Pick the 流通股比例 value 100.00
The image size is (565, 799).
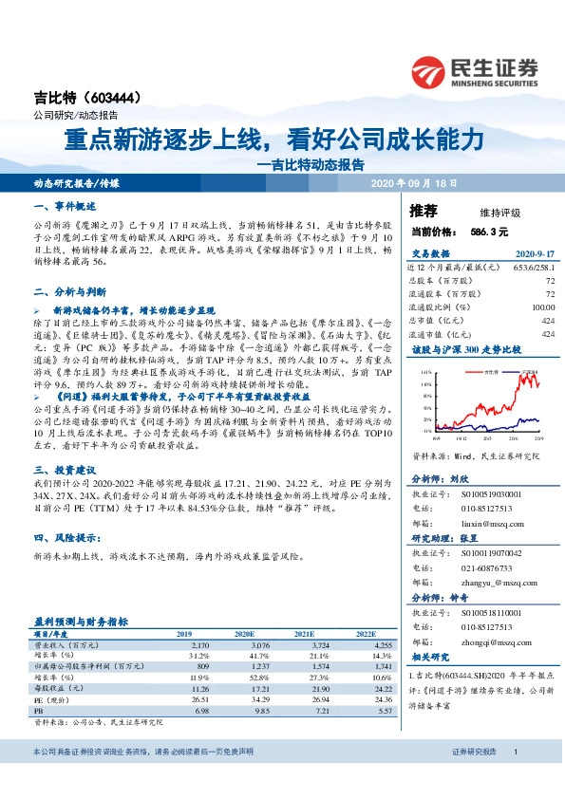pyautogui.click(x=541, y=307)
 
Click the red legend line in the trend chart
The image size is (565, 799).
pyautogui.click(x=468, y=372)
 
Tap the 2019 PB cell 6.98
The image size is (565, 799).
pyautogui.click(x=201, y=711)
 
